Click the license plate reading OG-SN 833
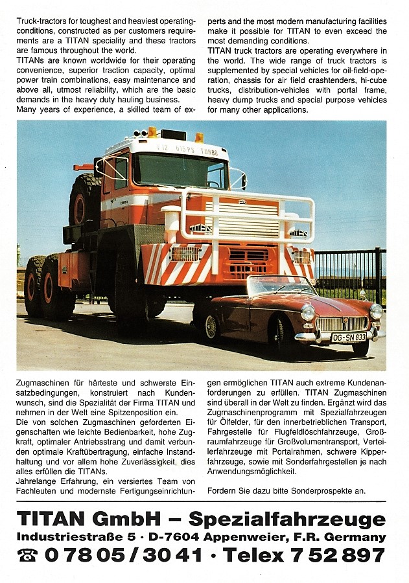click(348, 337)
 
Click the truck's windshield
click(180, 171)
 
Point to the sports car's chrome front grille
click(341, 323)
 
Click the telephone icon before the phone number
click(27, 555)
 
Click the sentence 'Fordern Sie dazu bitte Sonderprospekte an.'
click(286, 490)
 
